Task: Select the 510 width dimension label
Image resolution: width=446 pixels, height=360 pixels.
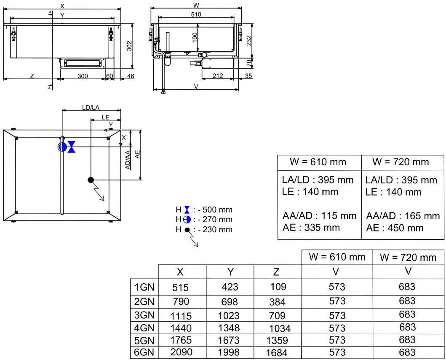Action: (x=196, y=14)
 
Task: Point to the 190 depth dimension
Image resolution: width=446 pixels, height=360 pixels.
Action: (x=195, y=38)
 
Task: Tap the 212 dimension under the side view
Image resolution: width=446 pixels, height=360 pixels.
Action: (x=218, y=76)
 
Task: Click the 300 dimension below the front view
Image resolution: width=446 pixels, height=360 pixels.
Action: (x=82, y=76)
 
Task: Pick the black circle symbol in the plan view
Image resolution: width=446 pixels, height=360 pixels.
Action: (x=90, y=180)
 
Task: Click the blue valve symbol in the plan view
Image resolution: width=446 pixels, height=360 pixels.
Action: (x=72, y=147)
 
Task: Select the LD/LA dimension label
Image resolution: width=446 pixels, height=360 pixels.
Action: (x=91, y=107)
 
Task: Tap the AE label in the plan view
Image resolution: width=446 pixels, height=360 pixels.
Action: (x=138, y=154)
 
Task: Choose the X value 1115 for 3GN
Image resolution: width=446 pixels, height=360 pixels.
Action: (x=181, y=316)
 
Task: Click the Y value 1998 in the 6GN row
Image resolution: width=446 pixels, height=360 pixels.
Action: (x=229, y=352)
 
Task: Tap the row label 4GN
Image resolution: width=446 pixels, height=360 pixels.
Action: (x=144, y=328)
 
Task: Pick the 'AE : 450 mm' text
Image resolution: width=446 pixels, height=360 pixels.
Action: (x=394, y=228)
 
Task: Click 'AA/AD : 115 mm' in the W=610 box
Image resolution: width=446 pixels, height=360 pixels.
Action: (x=319, y=216)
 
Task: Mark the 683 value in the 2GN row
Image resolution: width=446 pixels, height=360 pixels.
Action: (x=407, y=301)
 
